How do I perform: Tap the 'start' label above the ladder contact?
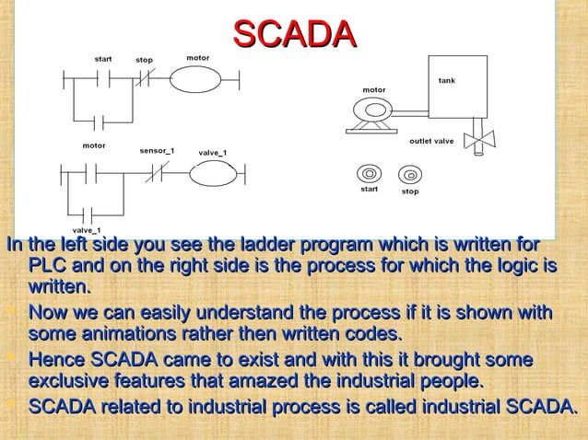pyautogui.click(x=102, y=59)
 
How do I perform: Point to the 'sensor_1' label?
pyautogui.click(x=156, y=147)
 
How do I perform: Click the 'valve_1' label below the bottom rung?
pyautogui.click(x=87, y=228)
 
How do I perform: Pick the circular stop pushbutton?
pyautogui.click(x=408, y=173)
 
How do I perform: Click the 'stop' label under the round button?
pyautogui.click(x=409, y=191)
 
